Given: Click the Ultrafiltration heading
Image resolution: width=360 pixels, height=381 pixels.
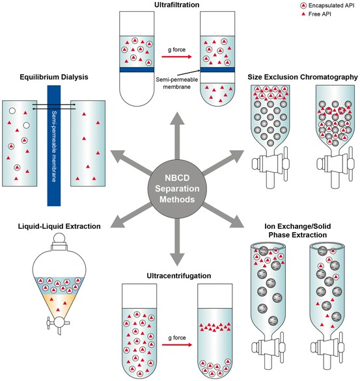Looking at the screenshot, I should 175,7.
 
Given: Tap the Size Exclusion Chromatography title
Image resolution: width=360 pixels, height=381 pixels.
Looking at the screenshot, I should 303,76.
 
